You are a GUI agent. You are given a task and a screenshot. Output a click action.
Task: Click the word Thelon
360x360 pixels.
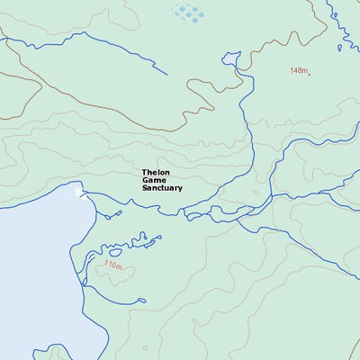pos(155,172)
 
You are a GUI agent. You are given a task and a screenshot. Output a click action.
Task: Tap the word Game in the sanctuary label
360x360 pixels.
pos(153,180)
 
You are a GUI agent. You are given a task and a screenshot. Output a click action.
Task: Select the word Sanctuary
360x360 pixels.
pos(162,189)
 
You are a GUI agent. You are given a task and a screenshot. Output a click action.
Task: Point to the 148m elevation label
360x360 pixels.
pos(298,70)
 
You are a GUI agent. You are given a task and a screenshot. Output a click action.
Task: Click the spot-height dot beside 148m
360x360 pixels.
pos(310,73)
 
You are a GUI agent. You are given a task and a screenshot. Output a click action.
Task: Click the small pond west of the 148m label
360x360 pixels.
pos(232,60)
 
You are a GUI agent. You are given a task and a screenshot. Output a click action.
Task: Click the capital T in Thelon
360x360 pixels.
pos(144,172)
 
